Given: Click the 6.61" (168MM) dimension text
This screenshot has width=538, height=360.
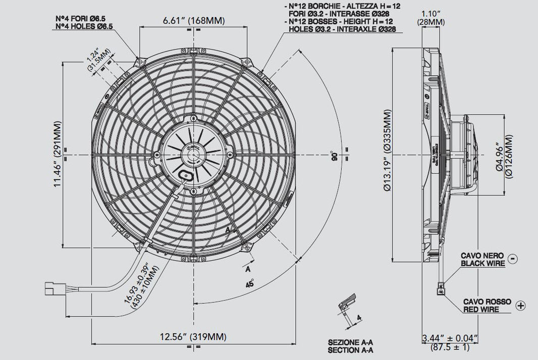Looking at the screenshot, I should [x=193, y=21].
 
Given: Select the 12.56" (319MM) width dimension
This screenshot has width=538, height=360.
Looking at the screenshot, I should [x=193, y=337].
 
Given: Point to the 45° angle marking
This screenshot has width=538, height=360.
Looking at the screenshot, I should [x=248, y=283].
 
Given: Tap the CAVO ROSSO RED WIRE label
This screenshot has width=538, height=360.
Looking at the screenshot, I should [x=487, y=305].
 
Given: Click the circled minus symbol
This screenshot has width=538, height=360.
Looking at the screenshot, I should [x=512, y=258].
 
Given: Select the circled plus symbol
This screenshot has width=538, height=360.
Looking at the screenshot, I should [x=521, y=305].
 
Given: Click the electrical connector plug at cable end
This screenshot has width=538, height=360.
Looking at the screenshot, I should [x=52, y=289].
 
